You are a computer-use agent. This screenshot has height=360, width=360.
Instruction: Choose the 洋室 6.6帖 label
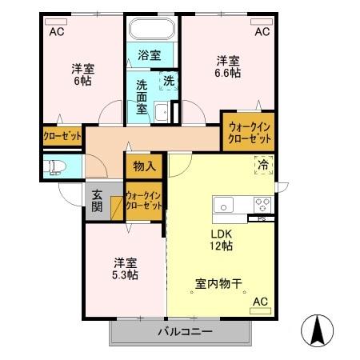[x=228, y=66]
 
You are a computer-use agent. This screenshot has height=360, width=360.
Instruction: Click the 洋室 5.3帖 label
[x=124, y=268]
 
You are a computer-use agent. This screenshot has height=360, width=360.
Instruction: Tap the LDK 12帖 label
[x=222, y=240]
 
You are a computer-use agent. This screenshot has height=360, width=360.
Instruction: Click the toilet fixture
[x=57, y=167]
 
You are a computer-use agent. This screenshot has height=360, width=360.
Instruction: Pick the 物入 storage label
[x=144, y=166]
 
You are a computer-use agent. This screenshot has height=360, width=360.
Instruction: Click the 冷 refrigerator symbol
[x=263, y=166]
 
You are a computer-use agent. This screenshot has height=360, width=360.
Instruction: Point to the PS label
[x=261, y=218]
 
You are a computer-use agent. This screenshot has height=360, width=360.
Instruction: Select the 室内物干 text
[x=218, y=282]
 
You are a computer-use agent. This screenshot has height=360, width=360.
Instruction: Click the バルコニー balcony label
[x=184, y=330]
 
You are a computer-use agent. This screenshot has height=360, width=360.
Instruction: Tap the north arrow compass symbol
[x=318, y=327]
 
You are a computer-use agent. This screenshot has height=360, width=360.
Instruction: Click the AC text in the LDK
[x=260, y=302]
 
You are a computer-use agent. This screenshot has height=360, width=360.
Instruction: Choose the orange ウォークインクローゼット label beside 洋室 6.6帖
[x=248, y=131]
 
